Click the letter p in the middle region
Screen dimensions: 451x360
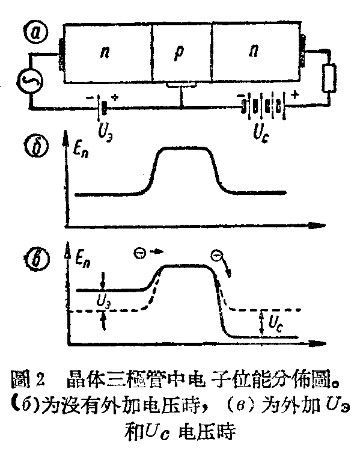[182, 52]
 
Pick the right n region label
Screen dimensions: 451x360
[253, 53]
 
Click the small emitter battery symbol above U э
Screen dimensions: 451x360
[103, 107]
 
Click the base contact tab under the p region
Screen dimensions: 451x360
[181, 89]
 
